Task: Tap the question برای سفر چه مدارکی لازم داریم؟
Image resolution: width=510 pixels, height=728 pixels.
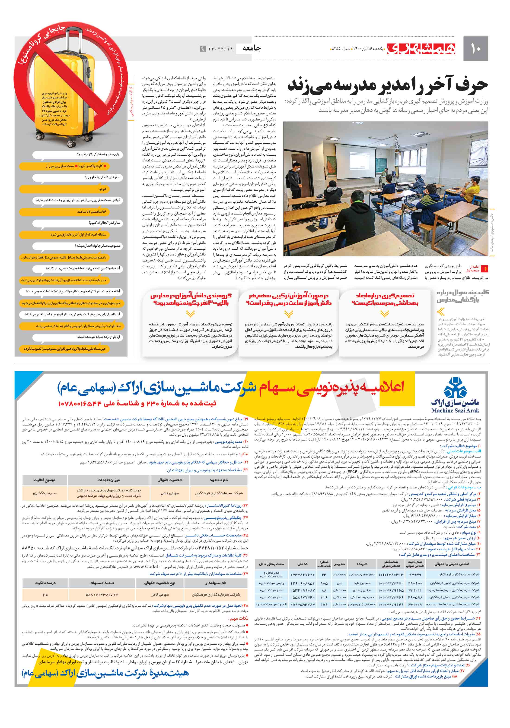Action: (98, 154)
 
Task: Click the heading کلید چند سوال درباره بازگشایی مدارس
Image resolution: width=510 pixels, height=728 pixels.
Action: (462, 296)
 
